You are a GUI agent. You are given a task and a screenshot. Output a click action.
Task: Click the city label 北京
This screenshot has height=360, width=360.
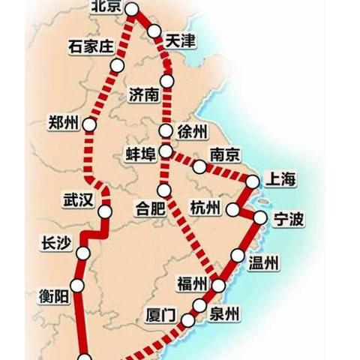pyautogui.click(x=105, y=7)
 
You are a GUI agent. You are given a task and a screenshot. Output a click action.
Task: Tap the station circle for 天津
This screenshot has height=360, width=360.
pyautogui.click(x=154, y=31)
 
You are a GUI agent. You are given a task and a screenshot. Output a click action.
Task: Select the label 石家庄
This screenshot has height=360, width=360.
pyautogui.click(x=90, y=46)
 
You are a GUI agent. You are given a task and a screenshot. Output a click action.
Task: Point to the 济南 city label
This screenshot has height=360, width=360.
pyautogui.click(x=143, y=95)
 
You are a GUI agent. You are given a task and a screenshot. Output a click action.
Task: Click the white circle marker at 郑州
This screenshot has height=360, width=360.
pyautogui.click(x=90, y=124)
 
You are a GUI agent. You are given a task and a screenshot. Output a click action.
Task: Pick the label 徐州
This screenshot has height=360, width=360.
pyautogui.click(x=192, y=132)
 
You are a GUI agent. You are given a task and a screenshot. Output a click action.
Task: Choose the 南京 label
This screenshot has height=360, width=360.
pyautogui.click(x=225, y=155)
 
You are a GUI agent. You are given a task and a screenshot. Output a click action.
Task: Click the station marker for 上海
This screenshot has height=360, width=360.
pyautogui.click(x=253, y=181)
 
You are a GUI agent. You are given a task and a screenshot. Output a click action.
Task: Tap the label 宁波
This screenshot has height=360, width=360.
pyautogui.click(x=289, y=220)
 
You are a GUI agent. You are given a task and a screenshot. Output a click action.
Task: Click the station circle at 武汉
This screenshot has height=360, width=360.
pyautogui.click(x=105, y=212)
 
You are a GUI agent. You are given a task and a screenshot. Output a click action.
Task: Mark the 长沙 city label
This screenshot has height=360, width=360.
pyautogui.click(x=58, y=244)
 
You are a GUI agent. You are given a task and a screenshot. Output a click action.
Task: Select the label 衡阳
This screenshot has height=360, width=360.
pyautogui.click(x=54, y=296)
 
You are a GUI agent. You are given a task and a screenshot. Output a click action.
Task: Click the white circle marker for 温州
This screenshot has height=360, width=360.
pyautogui.click(x=238, y=256)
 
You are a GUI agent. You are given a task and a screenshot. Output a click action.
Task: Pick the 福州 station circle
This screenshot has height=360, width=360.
pyautogui.click(x=218, y=286)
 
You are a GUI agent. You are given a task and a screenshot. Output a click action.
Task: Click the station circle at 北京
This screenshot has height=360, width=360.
pyautogui.click(x=132, y=9)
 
